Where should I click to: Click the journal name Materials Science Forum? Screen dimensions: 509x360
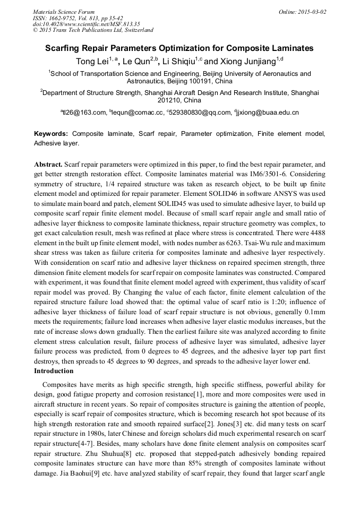(x=64, y=12)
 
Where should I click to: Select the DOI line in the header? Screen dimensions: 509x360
(x=87, y=24)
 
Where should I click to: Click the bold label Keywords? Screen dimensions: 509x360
(x=51, y=134)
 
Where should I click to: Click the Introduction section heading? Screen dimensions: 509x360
(x=58, y=370)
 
